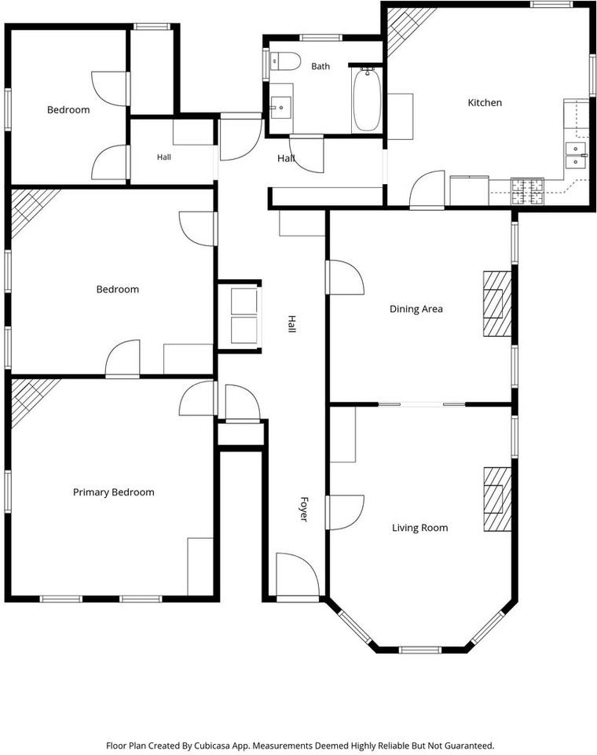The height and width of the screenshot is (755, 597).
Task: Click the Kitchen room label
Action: click(x=485, y=102)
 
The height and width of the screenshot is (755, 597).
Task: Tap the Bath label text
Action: click(x=320, y=66)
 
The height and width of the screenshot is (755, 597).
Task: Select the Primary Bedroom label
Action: click(x=114, y=492)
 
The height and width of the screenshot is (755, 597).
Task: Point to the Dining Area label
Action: click(x=416, y=309)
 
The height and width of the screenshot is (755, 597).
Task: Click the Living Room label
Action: click(x=419, y=528)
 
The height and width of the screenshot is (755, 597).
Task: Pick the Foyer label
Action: click(x=303, y=509)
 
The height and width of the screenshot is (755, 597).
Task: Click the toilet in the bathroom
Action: click(x=284, y=61)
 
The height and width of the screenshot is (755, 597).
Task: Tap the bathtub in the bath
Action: click(x=367, y=100)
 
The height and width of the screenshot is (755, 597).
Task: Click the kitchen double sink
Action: click(x=576, y=156)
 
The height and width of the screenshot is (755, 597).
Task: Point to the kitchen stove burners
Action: click(x=527, y=190)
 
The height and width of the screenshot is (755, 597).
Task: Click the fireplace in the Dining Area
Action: click(x=497, y=304)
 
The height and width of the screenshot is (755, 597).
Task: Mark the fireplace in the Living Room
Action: click(x=497, y=499)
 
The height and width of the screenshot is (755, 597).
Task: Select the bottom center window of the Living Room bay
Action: click(x=419, y=650)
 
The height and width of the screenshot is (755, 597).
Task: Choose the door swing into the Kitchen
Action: click(x=427, y=190)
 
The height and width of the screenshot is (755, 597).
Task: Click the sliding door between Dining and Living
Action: click(x=422, y=404)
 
